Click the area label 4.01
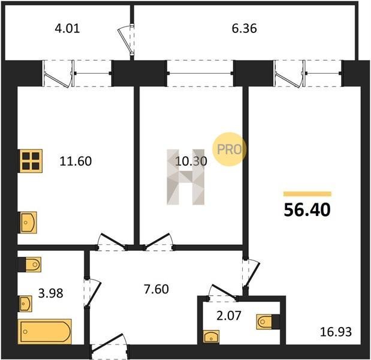click(68, 28)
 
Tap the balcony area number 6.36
click(244, 28)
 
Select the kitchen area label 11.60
click(76, 161)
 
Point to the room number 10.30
click(191, 161)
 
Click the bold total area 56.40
click(307, 210)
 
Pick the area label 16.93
click(336, 332)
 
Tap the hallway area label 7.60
click(156, 289)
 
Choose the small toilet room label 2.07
click(228, 316)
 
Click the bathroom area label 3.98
click(50, 293)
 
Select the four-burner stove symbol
click(31, 161)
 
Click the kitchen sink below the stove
click(28, 223)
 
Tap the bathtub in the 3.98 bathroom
click(45, 332)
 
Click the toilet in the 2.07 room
click(268, 322)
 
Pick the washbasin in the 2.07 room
click(211, 337)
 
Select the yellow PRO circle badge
click(230, 149)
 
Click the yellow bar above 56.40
click(307, 194)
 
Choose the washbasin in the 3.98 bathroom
click(26, 304)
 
